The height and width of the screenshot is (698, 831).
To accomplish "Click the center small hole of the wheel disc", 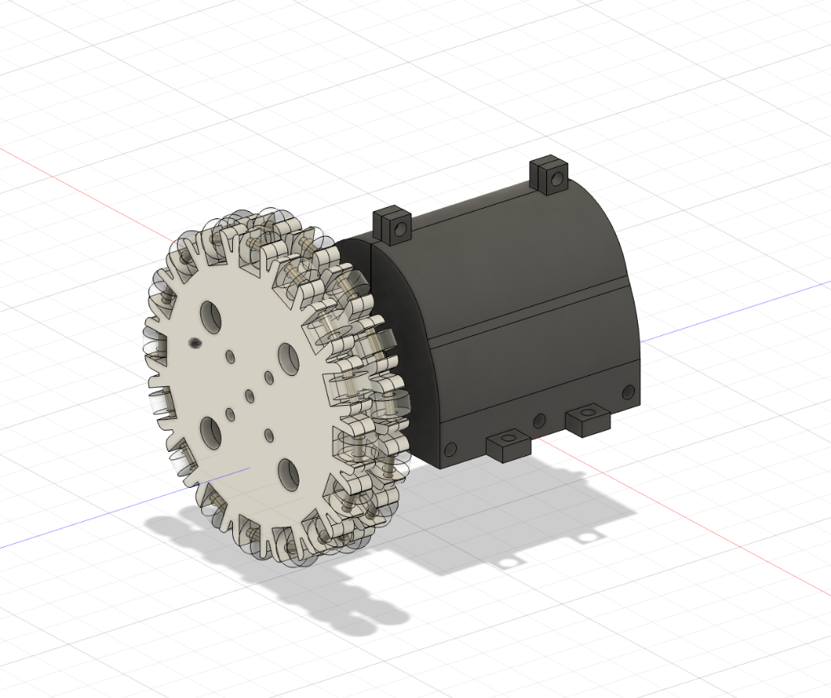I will click(x=248, y=396).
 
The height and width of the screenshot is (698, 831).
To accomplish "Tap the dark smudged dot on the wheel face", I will click(x=195, y=343).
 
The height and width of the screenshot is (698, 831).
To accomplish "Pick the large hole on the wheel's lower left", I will click(x=209, y=431).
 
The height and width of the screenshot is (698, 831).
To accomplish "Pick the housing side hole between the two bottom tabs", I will click(x=539, y=420).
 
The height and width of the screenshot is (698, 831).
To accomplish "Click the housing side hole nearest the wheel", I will click(x=450, y=447).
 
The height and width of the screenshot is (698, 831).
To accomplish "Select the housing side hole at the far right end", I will click(x=627, y=393).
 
